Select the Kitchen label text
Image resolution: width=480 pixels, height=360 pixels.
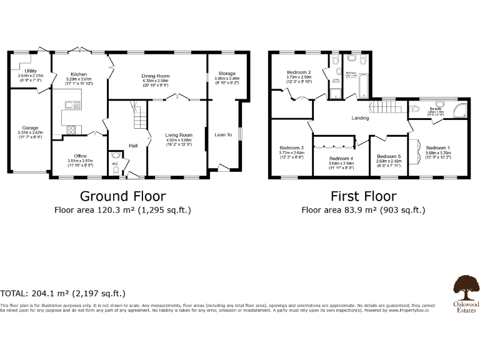tap(79, 74)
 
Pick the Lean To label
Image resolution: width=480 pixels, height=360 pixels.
tap(223, 134)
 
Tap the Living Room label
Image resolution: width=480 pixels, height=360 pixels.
tap(179, 134)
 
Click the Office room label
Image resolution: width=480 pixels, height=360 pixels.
tap(80, 156)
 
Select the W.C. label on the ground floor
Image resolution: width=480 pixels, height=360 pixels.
tap(115, 164)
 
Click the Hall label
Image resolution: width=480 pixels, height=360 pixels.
tap(133, 146)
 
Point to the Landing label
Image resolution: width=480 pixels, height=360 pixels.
tap(361, 117)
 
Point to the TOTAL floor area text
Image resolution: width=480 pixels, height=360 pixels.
tap(63, 292)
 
